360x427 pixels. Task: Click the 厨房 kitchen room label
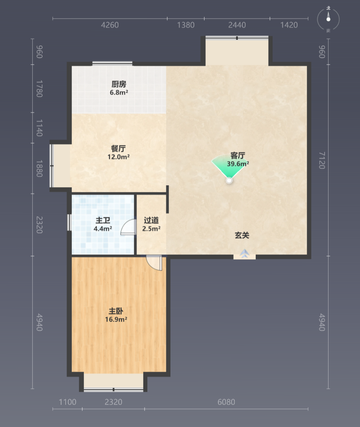119,84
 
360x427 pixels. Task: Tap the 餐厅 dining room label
118,149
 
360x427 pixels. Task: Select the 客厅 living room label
238,155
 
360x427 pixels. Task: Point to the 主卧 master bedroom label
116,311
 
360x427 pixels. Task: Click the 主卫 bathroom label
103,220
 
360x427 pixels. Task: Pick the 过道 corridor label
151,220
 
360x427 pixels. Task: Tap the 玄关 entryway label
242,235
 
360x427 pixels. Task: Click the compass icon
328,19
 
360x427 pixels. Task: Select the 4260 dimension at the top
110,25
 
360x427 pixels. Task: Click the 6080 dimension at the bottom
226,402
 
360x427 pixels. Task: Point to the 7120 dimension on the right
322,161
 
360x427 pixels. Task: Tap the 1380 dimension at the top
186,25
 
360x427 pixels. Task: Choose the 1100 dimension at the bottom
68,402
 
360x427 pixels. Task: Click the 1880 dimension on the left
39,169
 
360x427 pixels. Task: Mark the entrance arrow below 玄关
245,254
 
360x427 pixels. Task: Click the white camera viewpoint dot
230,180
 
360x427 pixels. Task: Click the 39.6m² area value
238,164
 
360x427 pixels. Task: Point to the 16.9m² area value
116,319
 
